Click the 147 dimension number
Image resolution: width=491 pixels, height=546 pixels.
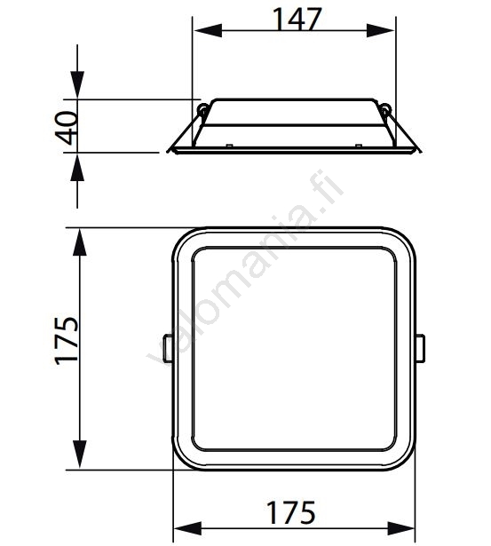click(x=297, y=19)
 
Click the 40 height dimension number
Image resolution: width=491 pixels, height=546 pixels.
click(x=66, y=128)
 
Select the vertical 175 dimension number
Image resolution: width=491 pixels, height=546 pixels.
click(x=67, y=341)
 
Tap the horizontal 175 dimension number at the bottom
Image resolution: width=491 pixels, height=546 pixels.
click(x=290, y=512)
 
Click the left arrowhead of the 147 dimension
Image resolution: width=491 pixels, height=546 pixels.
click(x=208, y=31)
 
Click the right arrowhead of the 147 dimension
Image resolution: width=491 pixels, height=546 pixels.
click(x=380, y=31)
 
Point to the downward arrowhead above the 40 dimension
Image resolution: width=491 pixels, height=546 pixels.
click(x=77, y=84)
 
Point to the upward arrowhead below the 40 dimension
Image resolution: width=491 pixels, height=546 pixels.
click(x=77, y=167)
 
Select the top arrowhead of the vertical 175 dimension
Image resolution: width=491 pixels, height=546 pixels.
click(x=80, y=242)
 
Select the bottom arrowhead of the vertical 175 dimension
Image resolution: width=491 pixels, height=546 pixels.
click(x=80, y=455)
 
